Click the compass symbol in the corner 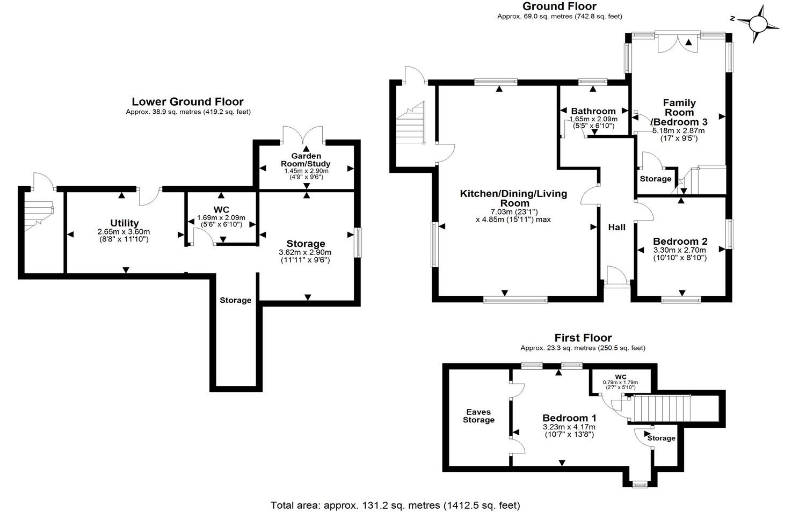pos(758,24)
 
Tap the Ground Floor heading pos(559,6)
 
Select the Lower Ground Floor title pos(187,101)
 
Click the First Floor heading pos(583,338)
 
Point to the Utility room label pos(125,223)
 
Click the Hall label pos(616,227)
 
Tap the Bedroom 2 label pos(680,242)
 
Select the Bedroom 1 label pos(569,418)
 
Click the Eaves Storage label pos(478,416)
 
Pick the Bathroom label pos(593,111)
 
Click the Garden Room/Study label pos(307,160)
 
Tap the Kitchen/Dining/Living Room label pos(513,198)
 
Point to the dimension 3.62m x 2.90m pos(305,252)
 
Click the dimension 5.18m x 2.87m pos(679,130)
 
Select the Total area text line pos(395,505)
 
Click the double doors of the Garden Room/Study pos(304,136)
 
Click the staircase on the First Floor pos(660,409)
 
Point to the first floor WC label pos(621,376)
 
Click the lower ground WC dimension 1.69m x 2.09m pos(221,217)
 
